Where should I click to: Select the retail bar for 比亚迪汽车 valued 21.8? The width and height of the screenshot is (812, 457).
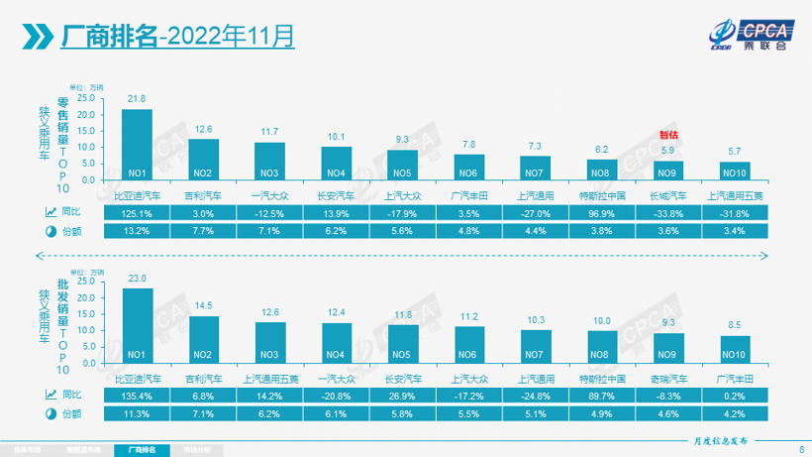pos(137,144)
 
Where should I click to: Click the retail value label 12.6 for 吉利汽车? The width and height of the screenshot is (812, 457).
pos(203,129)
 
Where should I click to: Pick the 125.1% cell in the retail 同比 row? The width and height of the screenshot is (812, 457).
pos(137,211)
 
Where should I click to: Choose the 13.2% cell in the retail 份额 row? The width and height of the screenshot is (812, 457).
pos(137,231)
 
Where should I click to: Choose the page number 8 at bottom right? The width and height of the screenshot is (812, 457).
pos(800,449)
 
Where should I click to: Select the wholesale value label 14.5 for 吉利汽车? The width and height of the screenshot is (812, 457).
pos(203,305)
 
